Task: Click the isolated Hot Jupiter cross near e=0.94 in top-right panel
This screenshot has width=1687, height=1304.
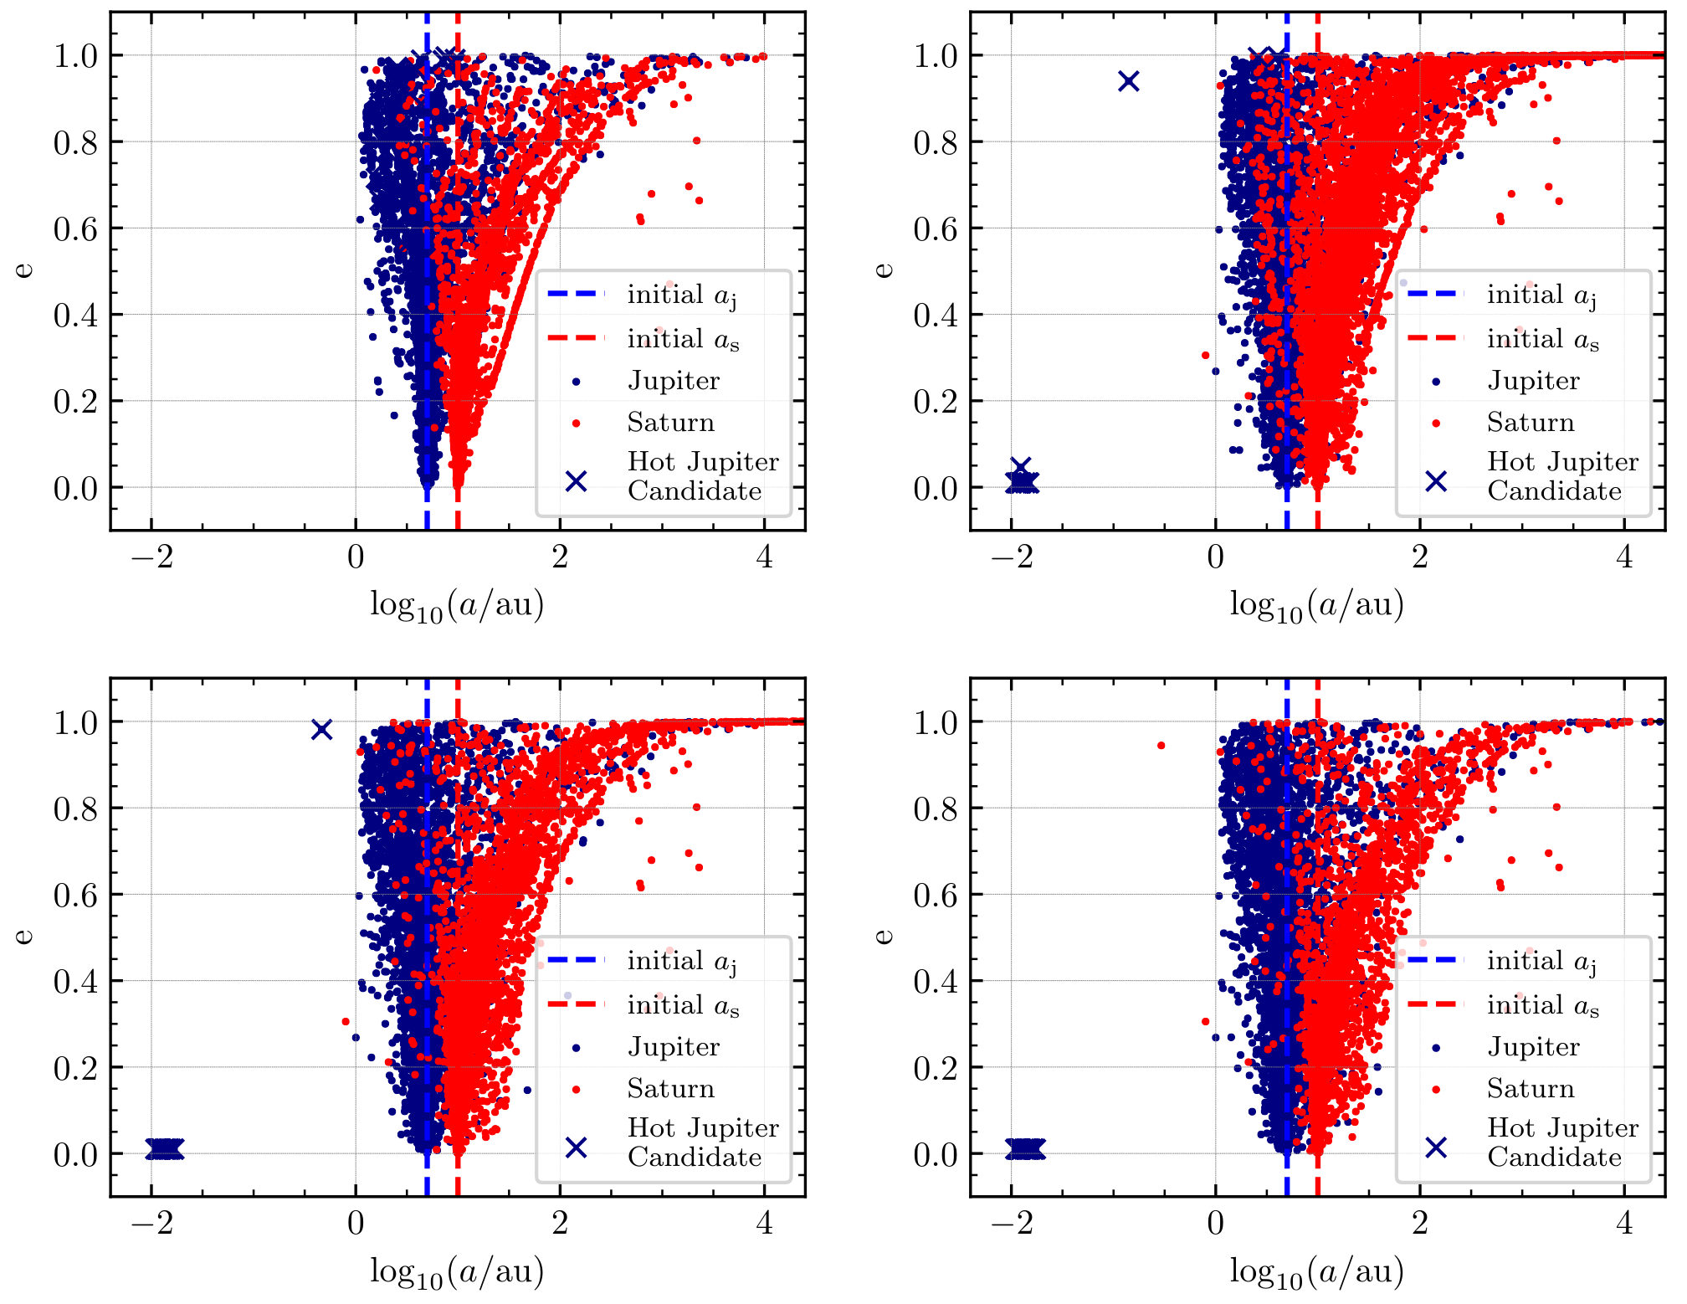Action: pyautogui.click(x=1129, y=81)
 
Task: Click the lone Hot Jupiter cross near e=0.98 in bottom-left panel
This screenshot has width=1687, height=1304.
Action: pyautogui.click(x=321, y=730)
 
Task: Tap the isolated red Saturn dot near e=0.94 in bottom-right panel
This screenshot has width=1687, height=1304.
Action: pyautogui.click(x=1161, y=745)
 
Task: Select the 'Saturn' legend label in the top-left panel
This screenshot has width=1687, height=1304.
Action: pyautogui.click(x=671, y=422)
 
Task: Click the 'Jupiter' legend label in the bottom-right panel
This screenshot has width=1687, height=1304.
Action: pyautogui.click(x=1533, y=1046)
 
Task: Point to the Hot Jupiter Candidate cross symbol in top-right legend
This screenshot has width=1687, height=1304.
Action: pyautogui.click(x=1436, y=481)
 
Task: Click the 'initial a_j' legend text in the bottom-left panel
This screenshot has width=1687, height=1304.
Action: pyautogui.click(x=682, y=961)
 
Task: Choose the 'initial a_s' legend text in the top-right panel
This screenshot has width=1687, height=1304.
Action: pyautogui.click(x=1542, y=339)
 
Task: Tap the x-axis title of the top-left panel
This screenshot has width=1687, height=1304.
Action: pyautogui.click(x=457, y=604)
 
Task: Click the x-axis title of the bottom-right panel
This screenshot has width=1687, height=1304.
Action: pyautogui.click(x=1316, y=1271)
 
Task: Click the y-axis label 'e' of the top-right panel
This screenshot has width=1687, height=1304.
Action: pyautogui.click(x=884, y=270)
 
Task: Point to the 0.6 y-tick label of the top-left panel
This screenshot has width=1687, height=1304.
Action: pyautogui.click(x=75, y=228)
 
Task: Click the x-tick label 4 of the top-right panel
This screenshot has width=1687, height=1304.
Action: pyautogui.click(x=1624, y=557)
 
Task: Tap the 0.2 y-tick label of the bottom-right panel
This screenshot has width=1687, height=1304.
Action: pyautogui.click(x=935, y=1068)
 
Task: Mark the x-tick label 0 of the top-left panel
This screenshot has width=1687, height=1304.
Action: pyautogui.click(x=356, y=557)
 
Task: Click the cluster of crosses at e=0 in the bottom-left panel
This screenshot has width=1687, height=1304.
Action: pyautogui.click(x=164, y=1149)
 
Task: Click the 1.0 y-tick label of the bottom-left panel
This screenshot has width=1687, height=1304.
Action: pyautogui.click(x=75, y=722)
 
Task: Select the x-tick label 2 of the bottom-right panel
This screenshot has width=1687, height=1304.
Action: pyautogui.click(x=1420, y=1223)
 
